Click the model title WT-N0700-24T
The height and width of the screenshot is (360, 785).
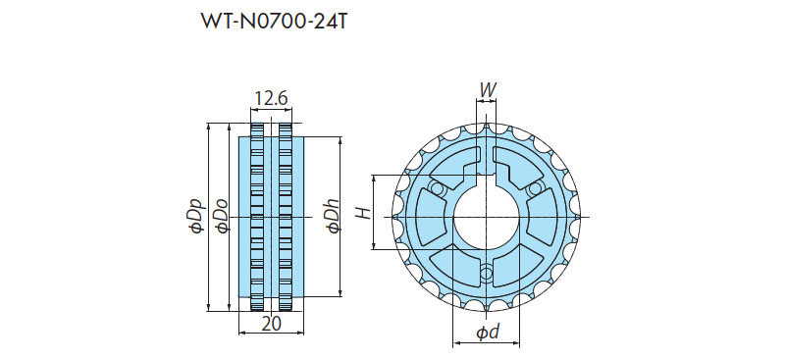(273, 21)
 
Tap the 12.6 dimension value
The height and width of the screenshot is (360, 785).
(271, 99)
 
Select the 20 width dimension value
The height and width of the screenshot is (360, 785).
(272, 324)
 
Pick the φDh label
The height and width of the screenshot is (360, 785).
(333, 217)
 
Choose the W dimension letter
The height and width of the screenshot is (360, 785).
(487, 90)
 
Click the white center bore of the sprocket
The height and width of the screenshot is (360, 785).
(486, 217)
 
